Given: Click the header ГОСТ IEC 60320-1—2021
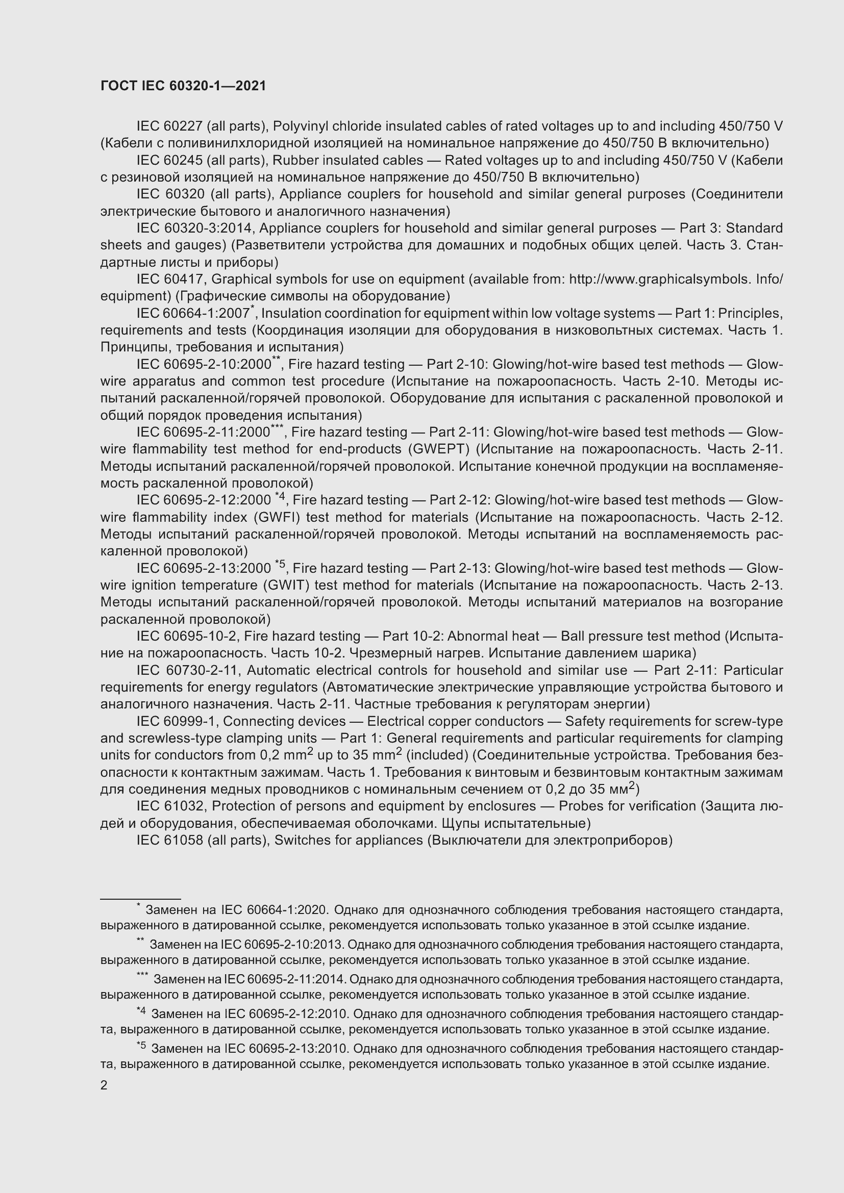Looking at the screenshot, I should coord(183,86).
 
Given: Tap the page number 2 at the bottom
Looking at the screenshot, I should coord(104,1085).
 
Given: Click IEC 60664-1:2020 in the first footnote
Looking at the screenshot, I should coord(274,910).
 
